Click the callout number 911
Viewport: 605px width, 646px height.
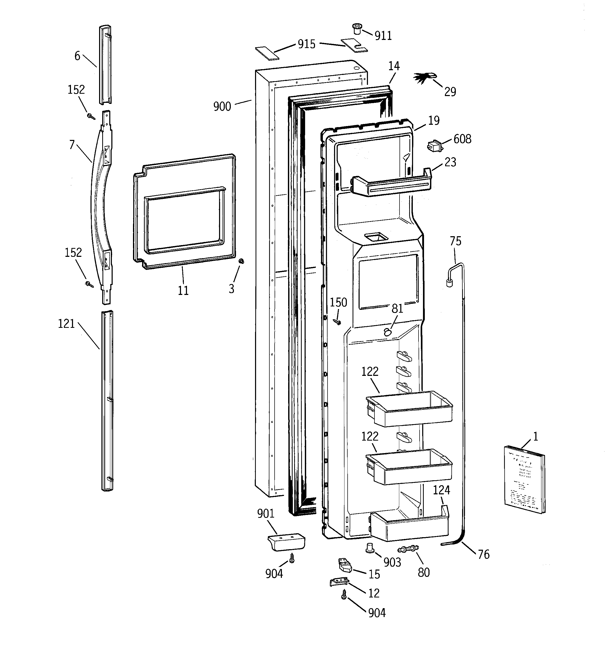click(x=383, y=36)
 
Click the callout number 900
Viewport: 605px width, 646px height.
click(x=222, y=106)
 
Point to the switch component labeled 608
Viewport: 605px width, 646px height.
click(x=434, y=146)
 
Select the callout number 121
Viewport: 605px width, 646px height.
click(x=66, y=324)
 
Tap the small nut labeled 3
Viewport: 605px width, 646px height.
click(x=241, y=261)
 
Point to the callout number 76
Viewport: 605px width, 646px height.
click(x=483, y=554)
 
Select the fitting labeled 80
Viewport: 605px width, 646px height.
click(x=408, y=549)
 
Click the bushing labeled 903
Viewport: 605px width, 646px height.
click(x=369, y=547)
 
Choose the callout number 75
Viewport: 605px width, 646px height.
click(x=455, y=241)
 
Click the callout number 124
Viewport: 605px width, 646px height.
click(x=441, y=490)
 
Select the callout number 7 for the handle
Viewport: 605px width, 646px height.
click(x=72, y=145)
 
